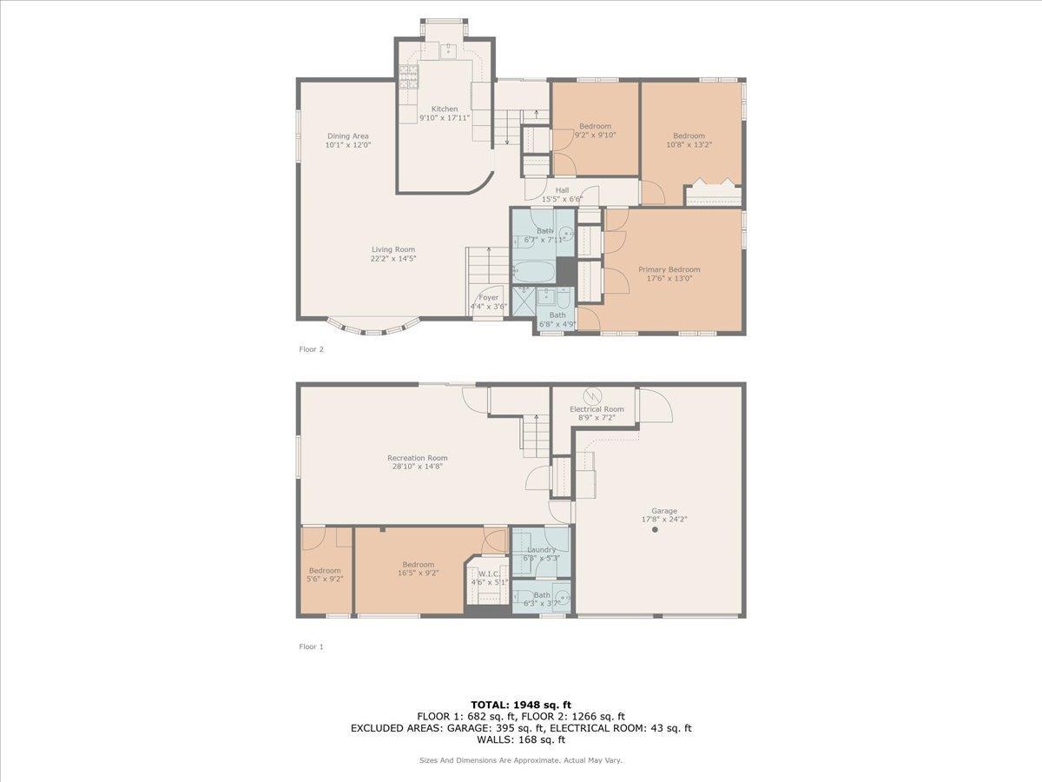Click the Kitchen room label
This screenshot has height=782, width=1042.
[x=444, y=109]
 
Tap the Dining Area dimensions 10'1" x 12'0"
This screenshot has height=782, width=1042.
[x=348, y=145]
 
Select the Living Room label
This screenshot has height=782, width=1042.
[x=393, y=249]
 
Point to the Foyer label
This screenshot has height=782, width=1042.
[x=489, y=297]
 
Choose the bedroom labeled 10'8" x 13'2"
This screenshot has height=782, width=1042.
[x=689, y=140]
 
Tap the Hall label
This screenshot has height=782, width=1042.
[x=562, y=190]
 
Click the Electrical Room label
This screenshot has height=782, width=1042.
[x=597, y=408]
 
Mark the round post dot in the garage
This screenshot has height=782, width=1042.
[x=655, y=529]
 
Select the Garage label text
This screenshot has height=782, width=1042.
[x=664, y=511]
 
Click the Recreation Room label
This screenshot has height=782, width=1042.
[x=418, y=458]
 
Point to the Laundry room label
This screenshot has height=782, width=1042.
[x=542, y=549]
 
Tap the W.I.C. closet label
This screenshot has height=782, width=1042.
[x=483, y=573]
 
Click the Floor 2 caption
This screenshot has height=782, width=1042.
[x=311, y=349]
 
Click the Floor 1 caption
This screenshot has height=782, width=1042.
[x=311, y=646]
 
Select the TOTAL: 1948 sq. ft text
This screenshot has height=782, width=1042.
[x=521, y=705]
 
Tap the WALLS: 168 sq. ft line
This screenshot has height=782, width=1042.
[x=521, y=740]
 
